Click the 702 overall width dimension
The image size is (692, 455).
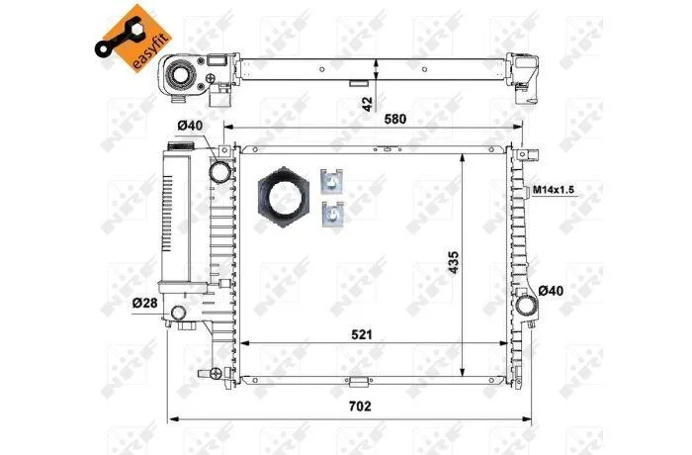coord(360,406)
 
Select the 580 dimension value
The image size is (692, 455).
coord(395,119)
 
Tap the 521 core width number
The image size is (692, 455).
coord(362,335)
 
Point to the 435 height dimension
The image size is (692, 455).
coord(454,262)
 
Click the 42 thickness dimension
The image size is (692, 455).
coord(367,104)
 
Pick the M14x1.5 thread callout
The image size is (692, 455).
coord(554,190)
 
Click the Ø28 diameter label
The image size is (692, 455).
coord(144,303)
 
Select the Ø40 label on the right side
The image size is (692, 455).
coord(551,291)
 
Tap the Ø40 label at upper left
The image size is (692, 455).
coord(190,126)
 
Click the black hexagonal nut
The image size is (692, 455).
coord(284,197)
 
